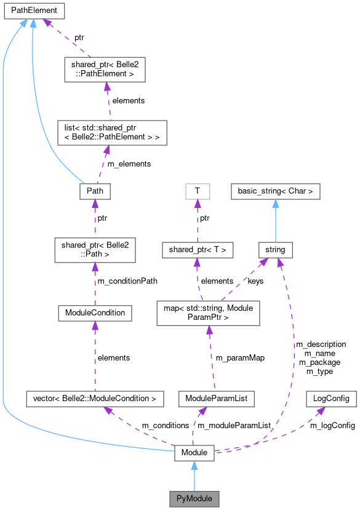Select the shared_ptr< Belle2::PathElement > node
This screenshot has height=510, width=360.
(x=104, y=70)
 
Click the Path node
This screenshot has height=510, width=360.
(x=95, y=191)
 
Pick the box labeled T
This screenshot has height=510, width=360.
(x=197, y=191)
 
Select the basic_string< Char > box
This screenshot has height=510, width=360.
(x=276, y=191)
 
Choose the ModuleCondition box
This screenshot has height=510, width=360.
(x=95, y=313)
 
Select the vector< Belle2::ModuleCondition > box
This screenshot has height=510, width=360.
(x=95, y=399)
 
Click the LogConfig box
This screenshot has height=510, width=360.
(x=331, y=399)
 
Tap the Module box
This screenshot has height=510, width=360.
(x=194, y=453)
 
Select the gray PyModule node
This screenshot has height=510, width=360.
(x=194, y=496)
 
